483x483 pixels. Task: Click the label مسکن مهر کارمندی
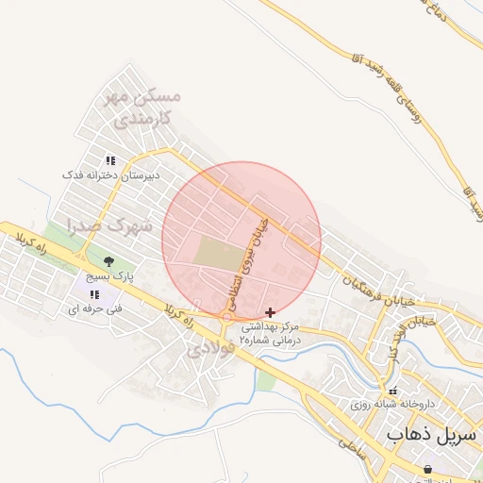coord(144,108)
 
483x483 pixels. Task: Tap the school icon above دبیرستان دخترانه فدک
coord(110,161)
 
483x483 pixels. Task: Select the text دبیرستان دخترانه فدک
coord(112,175)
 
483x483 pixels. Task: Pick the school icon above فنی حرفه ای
coord(93,295)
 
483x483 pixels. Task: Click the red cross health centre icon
coord(271,311)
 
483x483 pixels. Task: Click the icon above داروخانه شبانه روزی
coord(393,390)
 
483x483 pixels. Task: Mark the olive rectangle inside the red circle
coord(218,254)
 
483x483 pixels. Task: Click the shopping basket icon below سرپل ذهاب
coord(427,468)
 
